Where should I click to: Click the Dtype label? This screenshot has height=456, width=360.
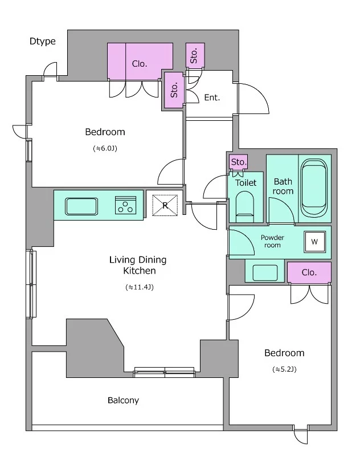(42, 41)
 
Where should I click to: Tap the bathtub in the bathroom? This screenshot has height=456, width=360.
(314, 188)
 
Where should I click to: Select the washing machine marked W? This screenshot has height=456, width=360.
(314, 242)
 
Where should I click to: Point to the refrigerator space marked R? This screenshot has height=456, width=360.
(165, 205)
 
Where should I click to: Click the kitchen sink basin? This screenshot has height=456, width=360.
(81, 206)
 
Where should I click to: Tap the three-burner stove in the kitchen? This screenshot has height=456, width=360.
(125, 205)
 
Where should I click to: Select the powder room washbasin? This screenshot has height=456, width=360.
(265, 273)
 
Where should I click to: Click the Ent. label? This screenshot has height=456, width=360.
(212, 97)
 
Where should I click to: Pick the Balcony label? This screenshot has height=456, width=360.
(123, 401)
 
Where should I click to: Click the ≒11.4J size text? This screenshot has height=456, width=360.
(140, 287)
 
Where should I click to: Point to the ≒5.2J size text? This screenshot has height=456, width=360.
(284, 369)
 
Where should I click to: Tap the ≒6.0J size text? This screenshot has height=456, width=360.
(105, 148)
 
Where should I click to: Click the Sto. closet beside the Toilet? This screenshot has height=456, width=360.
(239, 162)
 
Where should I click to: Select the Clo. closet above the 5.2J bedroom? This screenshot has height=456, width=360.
(309, 272)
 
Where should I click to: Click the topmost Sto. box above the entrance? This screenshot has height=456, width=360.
(195, 55)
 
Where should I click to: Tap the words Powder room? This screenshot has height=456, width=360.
(272, 241)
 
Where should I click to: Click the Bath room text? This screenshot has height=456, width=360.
(283, 186)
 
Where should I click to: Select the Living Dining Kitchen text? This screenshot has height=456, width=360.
(138, 265)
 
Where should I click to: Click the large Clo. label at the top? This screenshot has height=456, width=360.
(140, 64)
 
